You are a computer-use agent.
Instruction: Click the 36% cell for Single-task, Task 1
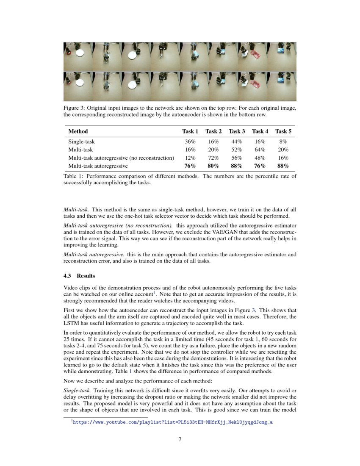(191, 141)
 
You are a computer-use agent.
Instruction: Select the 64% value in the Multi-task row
(260, 150)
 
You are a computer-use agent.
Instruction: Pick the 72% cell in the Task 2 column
(214, 158)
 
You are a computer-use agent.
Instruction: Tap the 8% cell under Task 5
(283, 141)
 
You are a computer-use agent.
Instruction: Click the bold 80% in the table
(214, 166)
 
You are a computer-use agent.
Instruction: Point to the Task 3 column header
(237, 131)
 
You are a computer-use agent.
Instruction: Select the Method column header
(78, 131)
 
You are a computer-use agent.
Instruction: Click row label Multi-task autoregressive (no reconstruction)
(121, 158)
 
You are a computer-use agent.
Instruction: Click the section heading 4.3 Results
(77, 276)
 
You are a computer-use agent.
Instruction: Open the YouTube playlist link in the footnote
(172, 422)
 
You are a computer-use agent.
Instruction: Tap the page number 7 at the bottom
(180, 439)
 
